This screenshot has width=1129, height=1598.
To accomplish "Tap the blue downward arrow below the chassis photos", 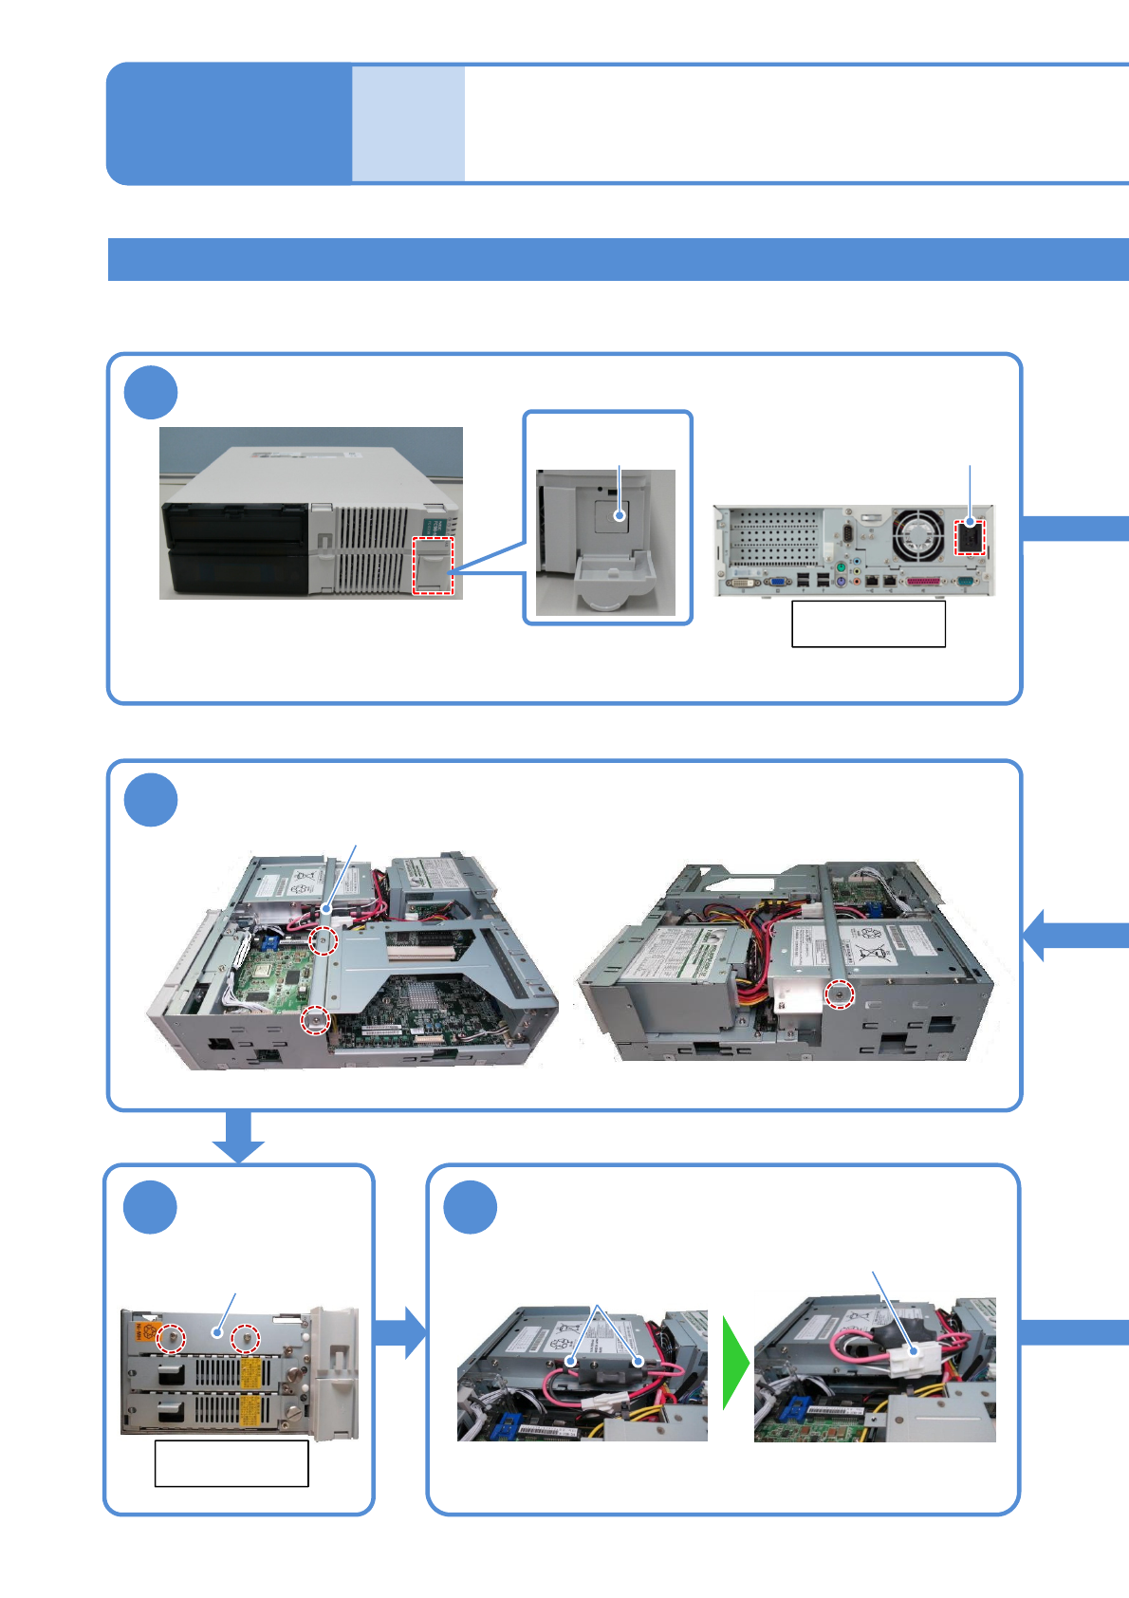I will (x=238, y=1136).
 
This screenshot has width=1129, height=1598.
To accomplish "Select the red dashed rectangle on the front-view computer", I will (x=434, y=566).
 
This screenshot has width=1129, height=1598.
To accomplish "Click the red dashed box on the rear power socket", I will (x=969, y=537).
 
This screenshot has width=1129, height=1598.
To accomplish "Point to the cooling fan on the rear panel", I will (x=916, y=534).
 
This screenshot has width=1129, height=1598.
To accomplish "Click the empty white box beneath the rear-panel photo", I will (x=868, y=623).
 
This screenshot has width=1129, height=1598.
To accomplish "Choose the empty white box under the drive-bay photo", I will (x=231, y=1463).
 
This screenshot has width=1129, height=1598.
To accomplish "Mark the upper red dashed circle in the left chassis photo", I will (x=324, y=940).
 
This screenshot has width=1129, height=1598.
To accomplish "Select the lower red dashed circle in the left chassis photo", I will (x=315, y=1020).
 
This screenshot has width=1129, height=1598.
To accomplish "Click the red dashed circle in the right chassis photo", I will (x=839, y=994).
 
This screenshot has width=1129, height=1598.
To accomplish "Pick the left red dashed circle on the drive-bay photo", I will (x=172, y=1337).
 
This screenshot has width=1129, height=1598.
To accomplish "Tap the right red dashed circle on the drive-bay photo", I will (x=246, y=1338).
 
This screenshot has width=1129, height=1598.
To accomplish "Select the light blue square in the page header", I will (x=408, y=123).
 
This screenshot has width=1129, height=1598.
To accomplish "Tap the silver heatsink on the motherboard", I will (x=416, y=993).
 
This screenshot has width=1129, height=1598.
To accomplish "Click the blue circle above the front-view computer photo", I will (x=151, y=392).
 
